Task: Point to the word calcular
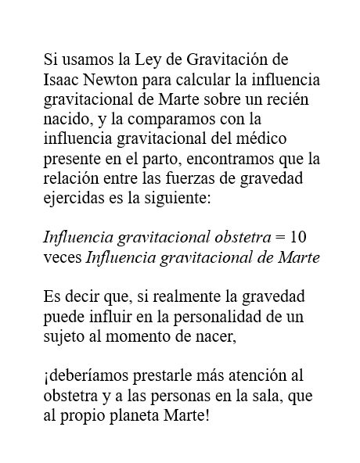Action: [211, 81]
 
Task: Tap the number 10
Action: [297, 238]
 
